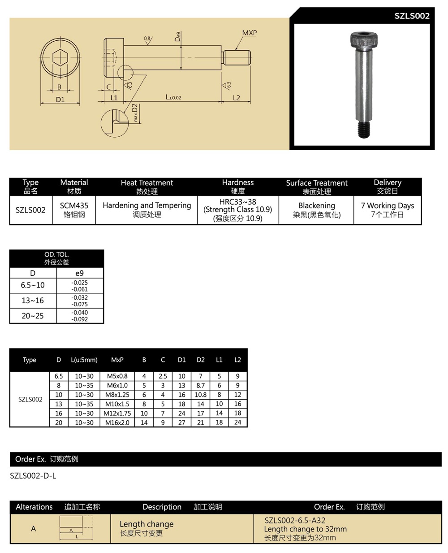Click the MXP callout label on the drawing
pyautogui.click(x=249, y=33)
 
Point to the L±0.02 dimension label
pyautogui.click(x=173, y=97)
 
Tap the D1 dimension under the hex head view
pyautogui.click(x=60, y=100)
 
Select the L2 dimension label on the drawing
pyautogui.click(x=236, y=97)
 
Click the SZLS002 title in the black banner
pyautogui.click(x=412, y=16)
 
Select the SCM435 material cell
pyautogui.click(x=74, y=206)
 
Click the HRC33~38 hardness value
pyautogui.click(x=237, y=202)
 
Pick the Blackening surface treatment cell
pyautogui.click(x=316, y=206)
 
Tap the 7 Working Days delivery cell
pyautogui.click(x=387, y=206)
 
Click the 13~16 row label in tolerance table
pyautogui.click(x=33, y=300)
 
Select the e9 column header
pyautogui.click(x=79, y=273)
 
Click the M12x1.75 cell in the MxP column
pyautogui.click(x=117, y=413)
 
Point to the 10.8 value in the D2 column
pyautogui.click(x=200, y=395)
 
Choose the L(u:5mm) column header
pyautogui.click(x=84, y=360)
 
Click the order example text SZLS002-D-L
pyautogui.click(x=33, y=475)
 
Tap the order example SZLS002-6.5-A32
pyautogui.click(x=295, y=520)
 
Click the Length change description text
pyautogui.click(x=146, y=524)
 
